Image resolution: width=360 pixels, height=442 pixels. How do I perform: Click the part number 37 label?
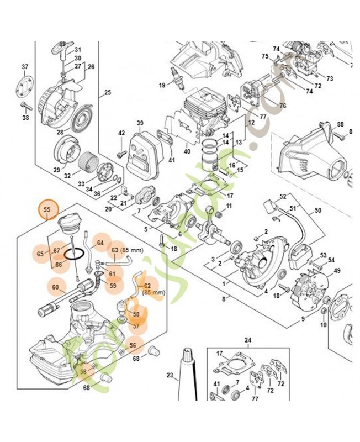click(x=24, y=67)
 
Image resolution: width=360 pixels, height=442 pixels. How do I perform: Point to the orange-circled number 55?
click(x=47, y=210)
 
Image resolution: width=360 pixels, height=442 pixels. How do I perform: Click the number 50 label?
click(x=317, y=210)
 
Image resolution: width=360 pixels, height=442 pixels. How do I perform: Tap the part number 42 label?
click(x=122, y=133)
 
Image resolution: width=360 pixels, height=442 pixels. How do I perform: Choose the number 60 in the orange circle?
click(x=55, y=287)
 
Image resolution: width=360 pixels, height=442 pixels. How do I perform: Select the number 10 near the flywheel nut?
click(x=324, y=324)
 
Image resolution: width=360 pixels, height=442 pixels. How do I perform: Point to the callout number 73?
click(x=330, y=78)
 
